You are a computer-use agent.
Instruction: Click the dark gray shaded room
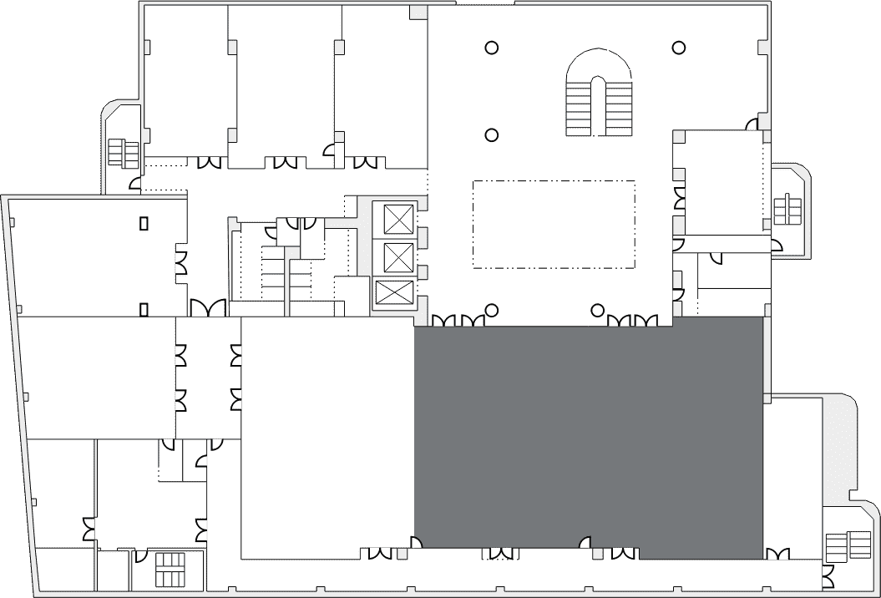(x=589, y=434)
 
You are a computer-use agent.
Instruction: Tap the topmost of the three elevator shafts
(x=398, y=219)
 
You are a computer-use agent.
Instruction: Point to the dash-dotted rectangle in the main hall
(x=554, y=224)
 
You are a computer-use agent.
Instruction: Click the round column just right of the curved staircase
(x=680, y=48)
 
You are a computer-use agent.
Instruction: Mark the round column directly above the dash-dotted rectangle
(x=492, y=134)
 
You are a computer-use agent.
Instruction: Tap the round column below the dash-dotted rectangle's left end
(x=492, y=311)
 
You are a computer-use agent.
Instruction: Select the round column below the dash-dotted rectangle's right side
(x=597, y=311)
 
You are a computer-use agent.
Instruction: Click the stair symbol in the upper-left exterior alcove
(x=123, y=154)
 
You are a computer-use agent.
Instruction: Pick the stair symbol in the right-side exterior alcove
(x=787, y=210)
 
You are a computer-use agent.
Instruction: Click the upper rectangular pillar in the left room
(x=144, y=223)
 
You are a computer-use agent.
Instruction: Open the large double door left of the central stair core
(x=207, y=308)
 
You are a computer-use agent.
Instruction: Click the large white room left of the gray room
(x=327, y=434)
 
